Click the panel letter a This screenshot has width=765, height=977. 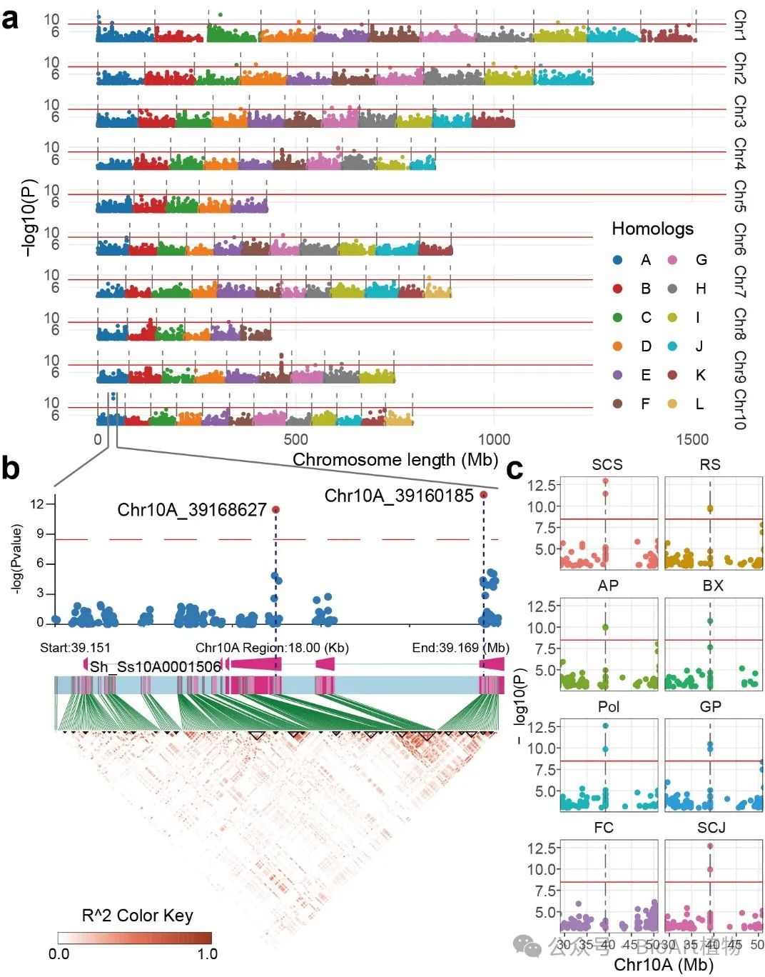10,19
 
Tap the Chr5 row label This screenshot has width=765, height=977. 740,196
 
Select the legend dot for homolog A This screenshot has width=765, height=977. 618,260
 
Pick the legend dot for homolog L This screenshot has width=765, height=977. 672,404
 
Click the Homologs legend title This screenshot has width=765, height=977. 652,229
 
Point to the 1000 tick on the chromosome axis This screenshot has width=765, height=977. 494,439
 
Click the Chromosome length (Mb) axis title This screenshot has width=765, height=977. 395,460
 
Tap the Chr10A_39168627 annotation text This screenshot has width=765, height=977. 192,510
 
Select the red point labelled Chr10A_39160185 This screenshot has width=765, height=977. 484,495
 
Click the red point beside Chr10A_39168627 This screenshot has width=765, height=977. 275,509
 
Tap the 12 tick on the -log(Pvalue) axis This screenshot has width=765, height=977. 37,504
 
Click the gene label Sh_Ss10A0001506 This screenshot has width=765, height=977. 156,667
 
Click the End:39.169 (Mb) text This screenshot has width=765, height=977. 461,648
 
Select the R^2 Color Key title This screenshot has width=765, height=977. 138,916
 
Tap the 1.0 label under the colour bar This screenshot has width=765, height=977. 208,954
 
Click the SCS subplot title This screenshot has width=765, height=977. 607,465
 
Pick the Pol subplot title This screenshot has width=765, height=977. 609,707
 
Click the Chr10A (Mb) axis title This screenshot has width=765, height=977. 664,965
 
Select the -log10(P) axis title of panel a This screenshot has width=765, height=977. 29,218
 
